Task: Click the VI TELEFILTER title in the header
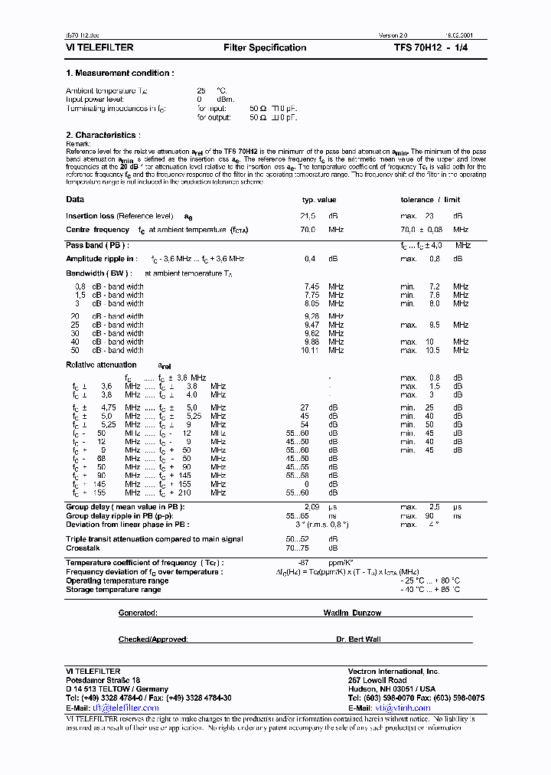point(99,47)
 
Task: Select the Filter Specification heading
point(265,47)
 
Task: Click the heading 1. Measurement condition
point(120,74)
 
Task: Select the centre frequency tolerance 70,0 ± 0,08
point(422,230)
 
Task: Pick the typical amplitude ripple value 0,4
point(310,259)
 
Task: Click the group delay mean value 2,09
point(312,508)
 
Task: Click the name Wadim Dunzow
point(352,613)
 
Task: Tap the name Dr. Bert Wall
point(357,639)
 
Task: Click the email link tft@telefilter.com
point(126,708)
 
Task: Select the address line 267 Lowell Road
point(377,680)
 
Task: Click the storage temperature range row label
point(113,590)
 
